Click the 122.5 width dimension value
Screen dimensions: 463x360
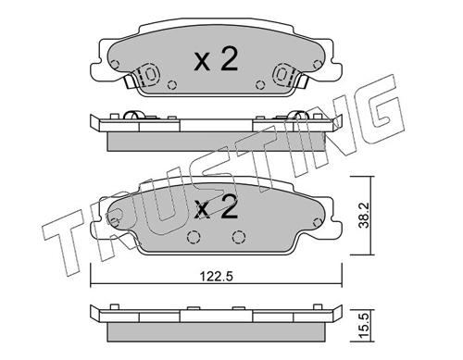[216, 276]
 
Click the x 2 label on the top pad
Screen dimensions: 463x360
[217, 60]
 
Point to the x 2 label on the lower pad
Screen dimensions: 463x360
[217, 208]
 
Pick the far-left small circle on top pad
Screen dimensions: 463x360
[115, 65]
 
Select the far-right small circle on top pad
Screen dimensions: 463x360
[317, 65]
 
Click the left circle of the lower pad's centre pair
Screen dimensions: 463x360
[194, 237]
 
